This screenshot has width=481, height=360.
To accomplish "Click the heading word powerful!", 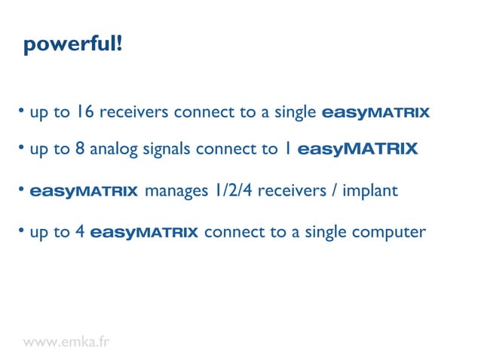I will pos(72,44).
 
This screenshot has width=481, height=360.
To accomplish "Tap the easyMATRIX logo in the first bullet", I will pos(375,113).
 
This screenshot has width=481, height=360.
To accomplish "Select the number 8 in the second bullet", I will pos(80,149).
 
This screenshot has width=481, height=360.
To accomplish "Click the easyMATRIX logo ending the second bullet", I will pos(357,149).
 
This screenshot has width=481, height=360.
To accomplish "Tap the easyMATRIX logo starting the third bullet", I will pos(84,191).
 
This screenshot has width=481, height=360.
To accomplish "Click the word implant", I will pos(369,191).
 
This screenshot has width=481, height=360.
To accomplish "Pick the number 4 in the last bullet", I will pos(80,233).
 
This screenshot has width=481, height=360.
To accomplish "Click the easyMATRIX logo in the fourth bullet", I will pos(144,233).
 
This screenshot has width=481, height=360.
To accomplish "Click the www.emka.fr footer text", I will pos(66,342).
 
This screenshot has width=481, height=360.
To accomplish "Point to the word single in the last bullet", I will pos(326,233).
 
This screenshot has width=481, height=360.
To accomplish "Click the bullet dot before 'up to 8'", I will pos(22,148).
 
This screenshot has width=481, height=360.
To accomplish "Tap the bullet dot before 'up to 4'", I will pos(22,230).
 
